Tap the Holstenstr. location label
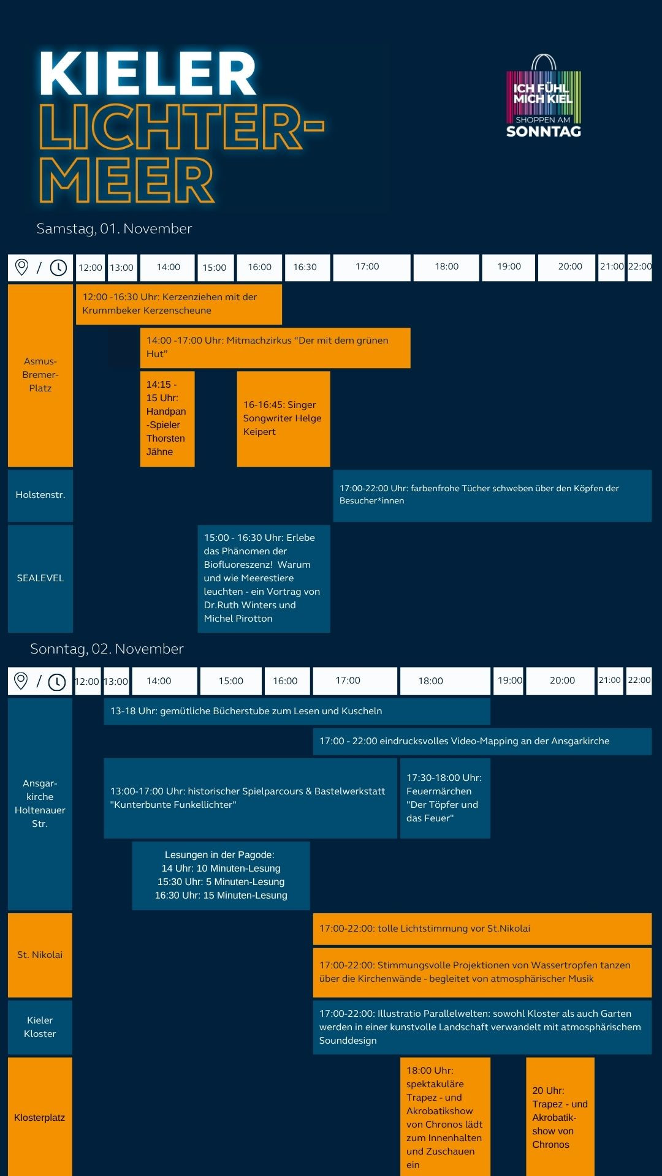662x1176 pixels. coord(40,495)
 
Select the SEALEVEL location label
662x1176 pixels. coord(40,578)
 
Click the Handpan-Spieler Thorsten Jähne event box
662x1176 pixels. coord(167,418)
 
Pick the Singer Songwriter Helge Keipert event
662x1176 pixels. coord(283,418)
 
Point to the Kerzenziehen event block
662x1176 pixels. coord(178,304)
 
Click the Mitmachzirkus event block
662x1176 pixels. coord(275,347)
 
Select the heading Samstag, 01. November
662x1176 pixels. coord(114,228)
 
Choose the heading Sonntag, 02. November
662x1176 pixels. coord(107,649)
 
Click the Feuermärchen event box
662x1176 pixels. coord(445,797)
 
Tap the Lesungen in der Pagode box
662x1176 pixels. coord(221,875)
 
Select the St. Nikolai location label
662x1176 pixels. coord(40,955)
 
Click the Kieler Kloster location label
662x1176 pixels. coord(40,1027)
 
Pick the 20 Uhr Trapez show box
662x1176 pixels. coord(560,1117)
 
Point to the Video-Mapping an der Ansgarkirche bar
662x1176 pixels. coord(482,741)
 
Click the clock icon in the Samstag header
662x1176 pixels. coord(58,268)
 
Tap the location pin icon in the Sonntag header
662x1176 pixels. coord(21,681)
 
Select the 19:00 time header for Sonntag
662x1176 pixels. coord(509,680)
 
